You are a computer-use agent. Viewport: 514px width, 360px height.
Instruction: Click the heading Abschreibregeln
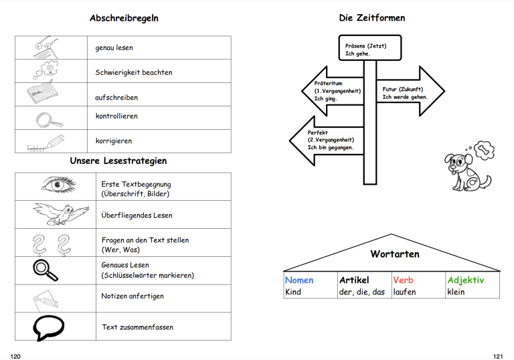click(x=124, y=18)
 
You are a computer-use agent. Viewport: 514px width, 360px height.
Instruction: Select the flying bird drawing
click(x=61, y=213)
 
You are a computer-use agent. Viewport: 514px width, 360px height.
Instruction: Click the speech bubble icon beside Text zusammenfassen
click(x=48, y=327)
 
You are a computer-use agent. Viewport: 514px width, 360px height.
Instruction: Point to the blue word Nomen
click(x=299, y=280)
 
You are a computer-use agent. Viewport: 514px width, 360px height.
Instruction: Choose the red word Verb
click(x=403, y=280)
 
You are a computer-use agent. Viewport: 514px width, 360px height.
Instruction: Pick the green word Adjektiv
click(x=466, y=280)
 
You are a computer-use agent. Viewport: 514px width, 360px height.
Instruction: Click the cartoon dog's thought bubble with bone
click(x=484, y=150)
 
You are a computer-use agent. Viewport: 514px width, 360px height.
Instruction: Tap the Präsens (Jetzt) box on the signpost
click(x=369, y=48)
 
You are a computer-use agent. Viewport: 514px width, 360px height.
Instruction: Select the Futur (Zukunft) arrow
click(x=410, y=91)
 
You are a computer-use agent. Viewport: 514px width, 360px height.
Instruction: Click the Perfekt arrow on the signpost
click(x=327, y=141)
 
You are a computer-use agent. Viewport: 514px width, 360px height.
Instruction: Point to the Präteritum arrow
click(x=333, y=91)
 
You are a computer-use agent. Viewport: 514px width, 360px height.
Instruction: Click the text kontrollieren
click(x=116, y=116)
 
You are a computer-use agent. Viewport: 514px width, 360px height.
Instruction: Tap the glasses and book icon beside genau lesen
click(x=46, y=48)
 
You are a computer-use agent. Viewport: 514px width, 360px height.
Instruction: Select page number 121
click(x=498, y=357)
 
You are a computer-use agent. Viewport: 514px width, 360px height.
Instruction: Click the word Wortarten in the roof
click(x=395, y=254)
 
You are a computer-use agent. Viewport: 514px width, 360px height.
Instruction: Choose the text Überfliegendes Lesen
click(x=137, y=215)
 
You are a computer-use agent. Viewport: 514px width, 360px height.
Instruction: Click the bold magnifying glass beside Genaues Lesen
click(x=46, y=270)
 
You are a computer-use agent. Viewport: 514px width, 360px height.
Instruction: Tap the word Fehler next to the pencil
click(x=35, y=149)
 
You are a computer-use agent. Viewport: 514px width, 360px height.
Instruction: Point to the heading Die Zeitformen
click(x=372, y=18)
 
